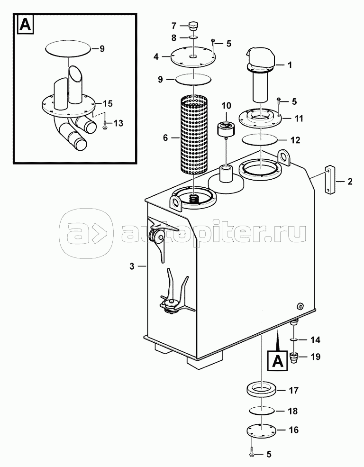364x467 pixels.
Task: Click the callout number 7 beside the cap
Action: pyautogui.click(x=173, y=25)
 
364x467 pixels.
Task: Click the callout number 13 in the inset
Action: pyautogui.click(x=118, y=123)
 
